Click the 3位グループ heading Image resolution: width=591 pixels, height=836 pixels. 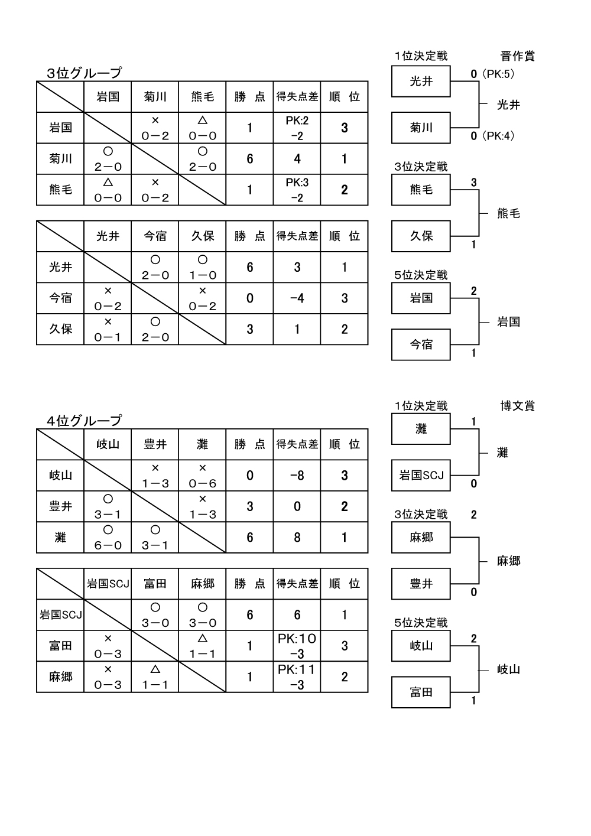[84, 73]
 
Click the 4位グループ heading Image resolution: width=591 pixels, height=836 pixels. [84, 420]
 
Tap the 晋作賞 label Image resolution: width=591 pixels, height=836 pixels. [517, 56]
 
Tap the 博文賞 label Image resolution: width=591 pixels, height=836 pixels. [517, 406]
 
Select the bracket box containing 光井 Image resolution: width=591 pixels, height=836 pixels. [421, 82]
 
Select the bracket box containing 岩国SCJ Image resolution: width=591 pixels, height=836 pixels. [421, 475]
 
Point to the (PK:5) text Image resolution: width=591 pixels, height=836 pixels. [498, 74]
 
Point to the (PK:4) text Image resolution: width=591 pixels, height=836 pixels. [498, 136]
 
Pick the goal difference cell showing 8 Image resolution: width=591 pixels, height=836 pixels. [297, 537]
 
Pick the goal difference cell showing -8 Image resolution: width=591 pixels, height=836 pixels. [297, 476]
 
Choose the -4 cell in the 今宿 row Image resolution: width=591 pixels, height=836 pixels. [297, 298]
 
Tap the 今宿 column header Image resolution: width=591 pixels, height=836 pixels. [155, 236]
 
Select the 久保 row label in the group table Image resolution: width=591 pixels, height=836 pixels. [60, 329]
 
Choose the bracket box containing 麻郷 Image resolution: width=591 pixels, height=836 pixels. [421, 538]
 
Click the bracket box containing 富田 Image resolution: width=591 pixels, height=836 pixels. [421, 692]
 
